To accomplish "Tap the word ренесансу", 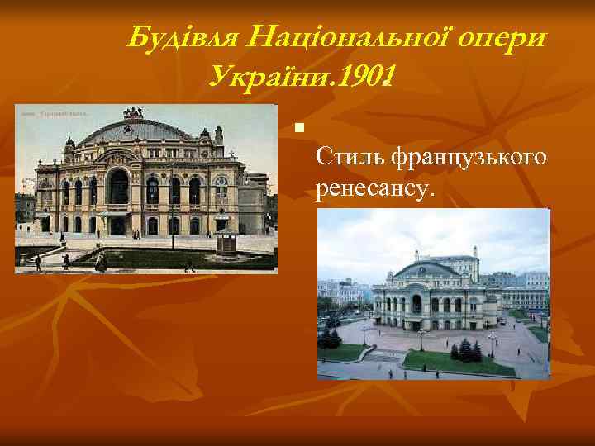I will tap(373, 190).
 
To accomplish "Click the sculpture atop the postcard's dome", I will tap(133, 112).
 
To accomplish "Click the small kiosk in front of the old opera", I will tap(225, 242).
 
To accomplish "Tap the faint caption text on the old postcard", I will tap(54, 113).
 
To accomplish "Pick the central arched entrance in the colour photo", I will tap(416, 303).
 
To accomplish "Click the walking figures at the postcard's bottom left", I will tap(37, 263).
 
